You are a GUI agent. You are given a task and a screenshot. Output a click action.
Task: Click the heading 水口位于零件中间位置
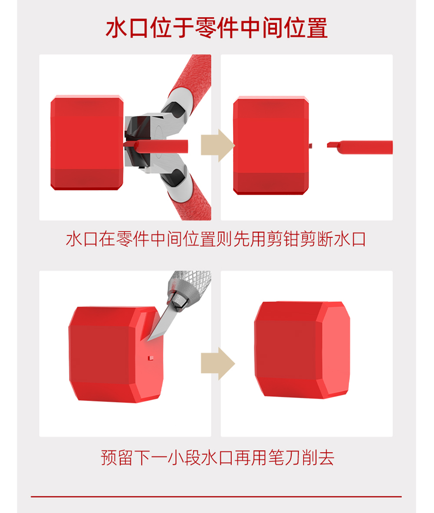point(217,28)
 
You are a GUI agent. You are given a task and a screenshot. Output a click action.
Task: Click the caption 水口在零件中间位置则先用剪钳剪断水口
point(216,239)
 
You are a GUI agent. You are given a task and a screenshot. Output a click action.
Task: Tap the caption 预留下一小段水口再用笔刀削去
point(217,457)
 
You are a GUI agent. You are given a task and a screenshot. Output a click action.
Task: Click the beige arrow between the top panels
point(217,145)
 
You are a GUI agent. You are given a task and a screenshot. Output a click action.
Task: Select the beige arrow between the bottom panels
point(217,364)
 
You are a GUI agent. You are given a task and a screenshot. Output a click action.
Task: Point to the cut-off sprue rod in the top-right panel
point(360,147)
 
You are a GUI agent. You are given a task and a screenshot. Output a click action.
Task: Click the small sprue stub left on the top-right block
point(310,145)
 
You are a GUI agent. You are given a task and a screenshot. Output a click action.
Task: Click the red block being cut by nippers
point(87,143)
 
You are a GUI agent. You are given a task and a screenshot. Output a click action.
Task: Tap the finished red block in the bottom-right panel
point(302,350)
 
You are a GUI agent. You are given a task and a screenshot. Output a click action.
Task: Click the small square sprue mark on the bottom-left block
point(151,358)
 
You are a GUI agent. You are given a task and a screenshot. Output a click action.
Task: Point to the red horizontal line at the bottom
point(216,497)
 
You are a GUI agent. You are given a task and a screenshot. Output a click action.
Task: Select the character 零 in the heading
point(205,28)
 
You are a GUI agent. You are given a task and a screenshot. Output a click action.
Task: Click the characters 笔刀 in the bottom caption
point(285,457)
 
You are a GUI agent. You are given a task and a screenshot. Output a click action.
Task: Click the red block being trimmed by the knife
point(116,354)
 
